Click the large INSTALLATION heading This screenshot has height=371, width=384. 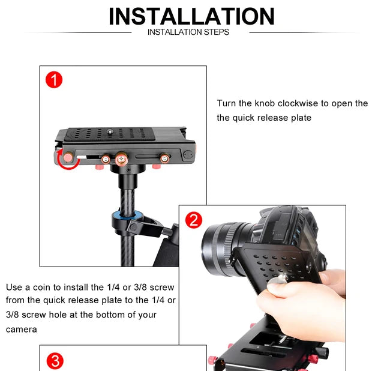[191, 16]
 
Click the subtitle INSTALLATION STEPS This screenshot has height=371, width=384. [188, 32]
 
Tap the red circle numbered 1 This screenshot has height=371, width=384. [54, 80]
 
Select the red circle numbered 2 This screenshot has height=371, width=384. [194, 220]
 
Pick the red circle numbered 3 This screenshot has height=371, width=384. [55, 361]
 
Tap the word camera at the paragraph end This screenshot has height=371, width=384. [22, 330]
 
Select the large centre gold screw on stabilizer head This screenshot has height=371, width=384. [121, 159]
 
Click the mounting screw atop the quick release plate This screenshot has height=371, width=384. [110, 132]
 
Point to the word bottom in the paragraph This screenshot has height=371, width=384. [110, 315]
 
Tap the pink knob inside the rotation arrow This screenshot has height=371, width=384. [68, 157]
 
